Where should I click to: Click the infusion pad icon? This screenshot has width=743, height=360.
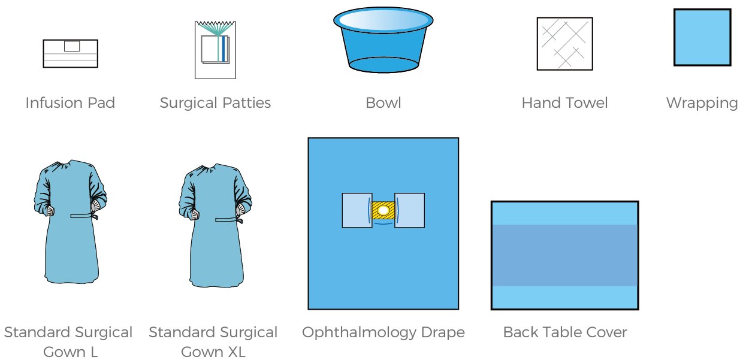click(70, 54)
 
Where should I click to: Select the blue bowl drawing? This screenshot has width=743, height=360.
click(383, 48)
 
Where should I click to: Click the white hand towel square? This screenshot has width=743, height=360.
click(564, 44)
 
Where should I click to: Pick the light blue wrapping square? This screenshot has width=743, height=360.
click(702, 37)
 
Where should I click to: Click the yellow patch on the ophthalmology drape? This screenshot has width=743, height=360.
click(383, 210)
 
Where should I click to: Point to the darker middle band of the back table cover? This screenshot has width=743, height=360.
click(564, 255)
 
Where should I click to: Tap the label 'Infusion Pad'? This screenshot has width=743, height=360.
click(70, 103)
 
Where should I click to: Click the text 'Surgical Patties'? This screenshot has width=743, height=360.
click(215, 103)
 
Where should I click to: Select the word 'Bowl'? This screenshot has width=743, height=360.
click(383, 103)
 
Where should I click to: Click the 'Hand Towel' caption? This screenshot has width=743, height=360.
click(564, 103)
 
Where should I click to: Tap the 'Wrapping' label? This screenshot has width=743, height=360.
click(702, 103)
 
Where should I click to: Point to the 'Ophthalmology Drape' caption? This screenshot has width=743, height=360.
click(383, 332)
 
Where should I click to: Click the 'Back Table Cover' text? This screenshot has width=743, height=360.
click(564, 332)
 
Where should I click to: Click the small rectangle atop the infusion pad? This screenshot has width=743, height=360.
click(71, 46)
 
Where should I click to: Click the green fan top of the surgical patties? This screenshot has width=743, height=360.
click(215, 28)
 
